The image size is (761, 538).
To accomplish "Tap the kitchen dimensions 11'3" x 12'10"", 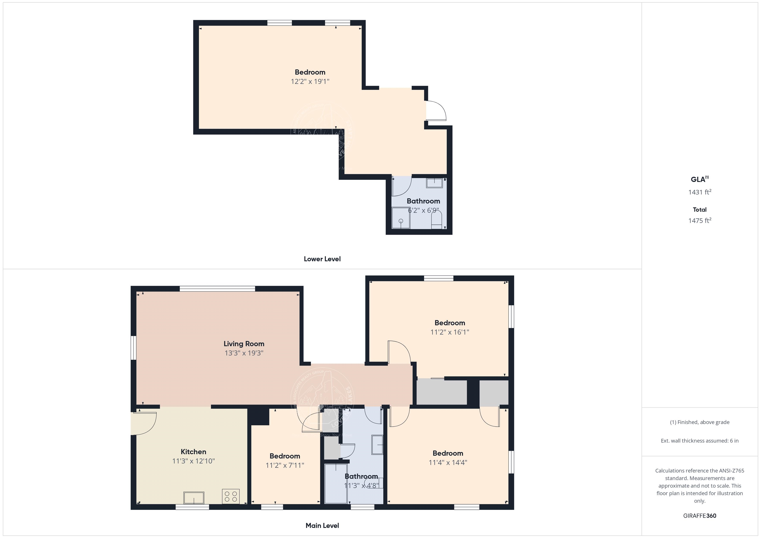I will click(x=193, y=461).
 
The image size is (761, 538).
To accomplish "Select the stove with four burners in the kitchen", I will click(x=231, y=496).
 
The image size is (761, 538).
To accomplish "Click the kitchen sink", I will click(x=193, y=498).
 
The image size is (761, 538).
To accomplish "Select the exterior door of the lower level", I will click(x=435, y=111).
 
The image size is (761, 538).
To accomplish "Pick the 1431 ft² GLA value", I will click(x=699, y=192).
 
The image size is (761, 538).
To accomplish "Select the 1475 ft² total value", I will click(x=699, y=221).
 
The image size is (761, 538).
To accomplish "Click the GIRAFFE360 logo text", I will click(x=699, y=516).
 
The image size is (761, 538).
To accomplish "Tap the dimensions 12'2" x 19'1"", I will click(x=310, y=81).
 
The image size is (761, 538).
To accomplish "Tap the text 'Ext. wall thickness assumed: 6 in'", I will click(x=699, y=441).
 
